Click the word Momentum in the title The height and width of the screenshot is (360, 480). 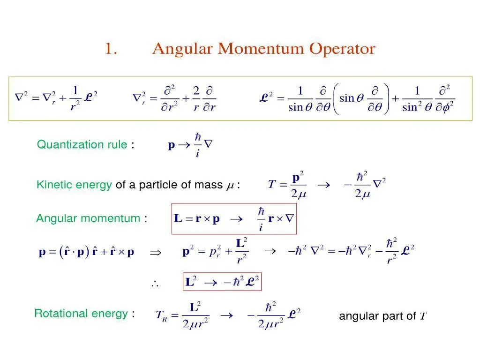coord(262,49)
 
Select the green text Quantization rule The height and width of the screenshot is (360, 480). coord(82,144)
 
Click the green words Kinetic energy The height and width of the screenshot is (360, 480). coord(74,185)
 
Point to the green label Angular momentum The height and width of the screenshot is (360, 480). coord(88,218)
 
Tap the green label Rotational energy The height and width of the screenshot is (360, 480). coord(81,314)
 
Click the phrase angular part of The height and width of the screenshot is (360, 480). coord(377,316)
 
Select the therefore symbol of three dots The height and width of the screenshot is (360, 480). coord(155,283)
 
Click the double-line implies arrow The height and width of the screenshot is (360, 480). coord(155,252)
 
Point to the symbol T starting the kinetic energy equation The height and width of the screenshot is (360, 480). coord(271,184)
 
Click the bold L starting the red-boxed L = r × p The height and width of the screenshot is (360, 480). coord(178,219)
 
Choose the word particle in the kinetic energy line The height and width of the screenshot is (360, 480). coord(154,185)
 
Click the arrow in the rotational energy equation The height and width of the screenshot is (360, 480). coord(226,315)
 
